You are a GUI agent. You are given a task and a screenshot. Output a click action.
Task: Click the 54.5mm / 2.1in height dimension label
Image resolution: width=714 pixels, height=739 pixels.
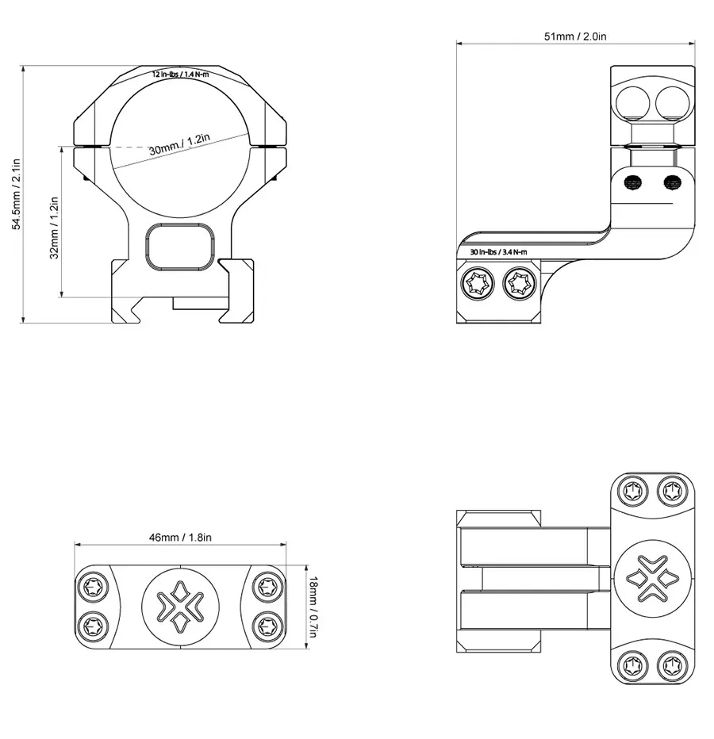16,195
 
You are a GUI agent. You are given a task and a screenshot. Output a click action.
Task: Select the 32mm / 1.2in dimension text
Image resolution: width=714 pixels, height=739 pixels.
54,228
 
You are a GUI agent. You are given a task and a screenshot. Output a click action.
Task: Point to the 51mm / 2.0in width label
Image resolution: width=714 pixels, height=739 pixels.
575,36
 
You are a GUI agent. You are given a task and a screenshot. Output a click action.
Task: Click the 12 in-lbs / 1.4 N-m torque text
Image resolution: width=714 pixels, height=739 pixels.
180,74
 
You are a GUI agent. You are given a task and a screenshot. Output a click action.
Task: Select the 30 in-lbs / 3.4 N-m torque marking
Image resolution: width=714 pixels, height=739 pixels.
498,252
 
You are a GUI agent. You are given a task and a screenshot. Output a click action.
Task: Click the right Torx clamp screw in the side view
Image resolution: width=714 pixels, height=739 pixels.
520,284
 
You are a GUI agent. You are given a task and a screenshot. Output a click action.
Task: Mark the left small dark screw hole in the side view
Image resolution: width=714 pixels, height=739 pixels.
632,182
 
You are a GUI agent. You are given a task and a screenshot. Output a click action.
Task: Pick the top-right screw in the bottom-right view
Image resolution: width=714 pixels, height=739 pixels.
672,490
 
